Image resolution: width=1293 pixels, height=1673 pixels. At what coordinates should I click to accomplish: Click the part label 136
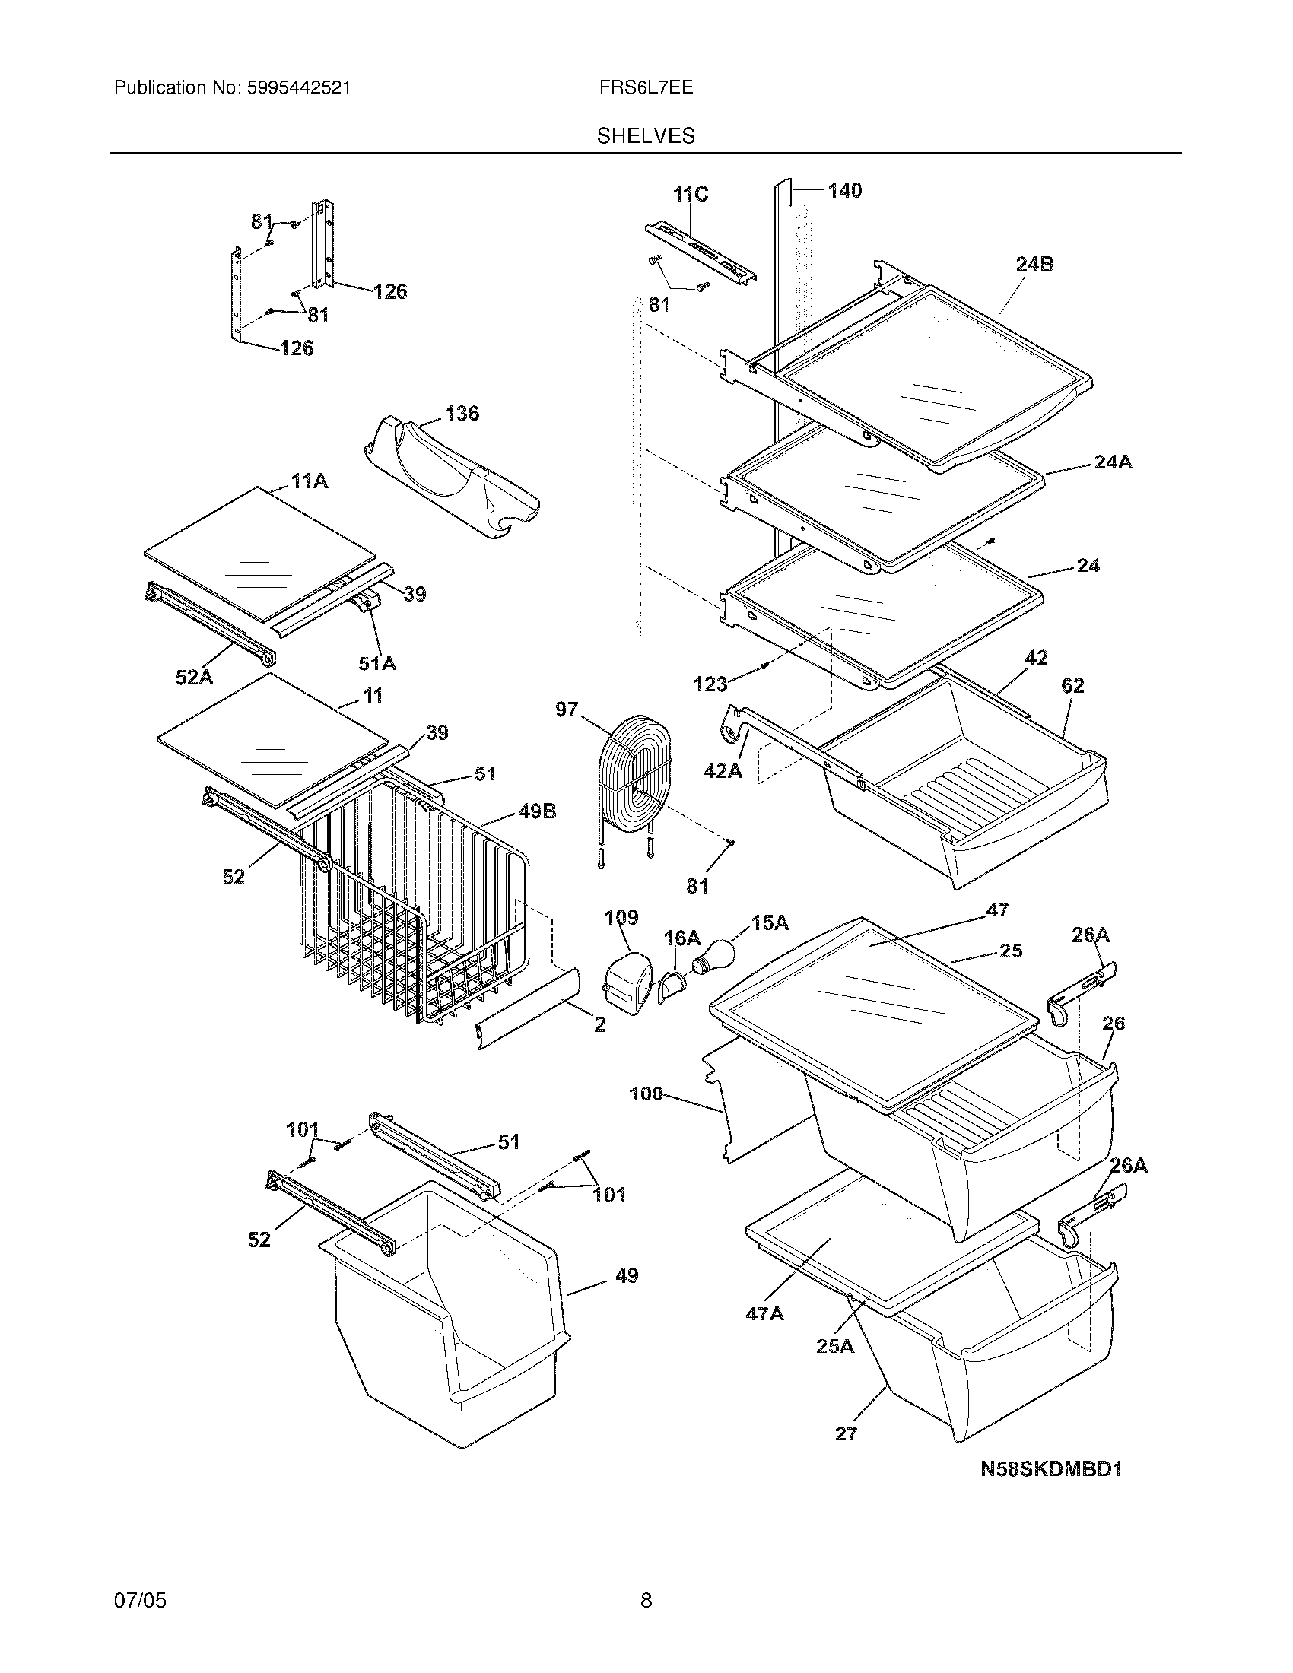pos(462,414)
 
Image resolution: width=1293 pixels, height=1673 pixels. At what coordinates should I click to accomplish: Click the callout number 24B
pos(1034,265)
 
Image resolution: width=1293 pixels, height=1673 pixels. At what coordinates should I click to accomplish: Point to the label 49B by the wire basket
pos(537,811)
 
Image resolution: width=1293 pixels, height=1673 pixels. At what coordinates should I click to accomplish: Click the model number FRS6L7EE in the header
pos(646,87)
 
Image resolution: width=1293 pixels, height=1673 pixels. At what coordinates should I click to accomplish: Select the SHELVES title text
pos(646,136)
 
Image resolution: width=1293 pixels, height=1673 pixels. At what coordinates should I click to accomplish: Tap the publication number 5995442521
pos(298,87)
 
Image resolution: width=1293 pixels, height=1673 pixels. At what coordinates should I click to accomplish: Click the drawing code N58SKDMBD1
pos(1051,1468)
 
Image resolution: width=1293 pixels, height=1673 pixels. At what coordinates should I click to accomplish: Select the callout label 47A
pos(764,1313)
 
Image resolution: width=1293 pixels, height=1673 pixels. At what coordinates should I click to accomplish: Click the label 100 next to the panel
pos(646,1093)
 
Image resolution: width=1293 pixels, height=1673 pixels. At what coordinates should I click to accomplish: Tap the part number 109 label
pos(621,917)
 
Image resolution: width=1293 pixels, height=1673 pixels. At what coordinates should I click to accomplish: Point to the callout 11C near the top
pos(690,195)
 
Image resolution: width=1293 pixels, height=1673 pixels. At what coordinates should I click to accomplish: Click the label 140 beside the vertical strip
pos(845,190)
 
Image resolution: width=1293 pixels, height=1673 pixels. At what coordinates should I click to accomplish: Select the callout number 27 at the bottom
pos(846,1433)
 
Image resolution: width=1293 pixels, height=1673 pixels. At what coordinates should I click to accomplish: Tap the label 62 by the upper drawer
pos(1072,686)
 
